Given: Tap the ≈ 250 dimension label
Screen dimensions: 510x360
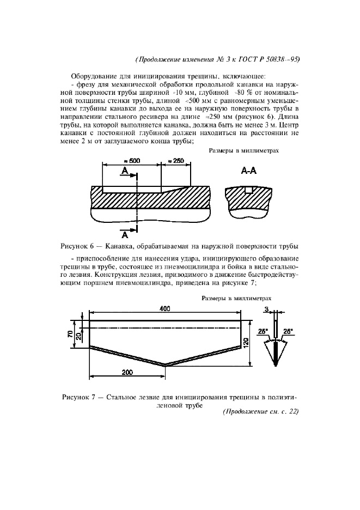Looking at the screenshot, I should [x=176, y=161].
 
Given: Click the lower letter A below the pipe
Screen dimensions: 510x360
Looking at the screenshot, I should [x=125, y=235].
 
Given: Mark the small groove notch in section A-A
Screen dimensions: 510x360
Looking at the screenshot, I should [x=249, y=190].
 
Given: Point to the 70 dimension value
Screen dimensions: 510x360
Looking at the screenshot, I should [x=70, y=334].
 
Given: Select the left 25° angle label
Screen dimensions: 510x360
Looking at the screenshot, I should [x=263, y=331].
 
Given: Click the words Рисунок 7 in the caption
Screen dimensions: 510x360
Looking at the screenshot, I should [x=80, y=397].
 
